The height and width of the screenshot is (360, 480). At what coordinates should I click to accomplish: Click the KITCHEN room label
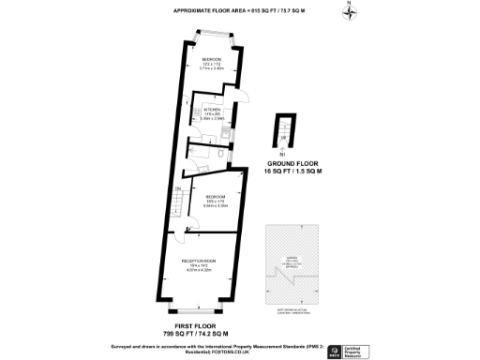(211, 113)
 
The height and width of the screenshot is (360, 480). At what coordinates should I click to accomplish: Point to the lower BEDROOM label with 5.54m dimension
(217, 201)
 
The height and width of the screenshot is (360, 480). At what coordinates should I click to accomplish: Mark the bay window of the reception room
(193, 310)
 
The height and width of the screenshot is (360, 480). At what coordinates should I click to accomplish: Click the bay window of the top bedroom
(213, 39)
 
